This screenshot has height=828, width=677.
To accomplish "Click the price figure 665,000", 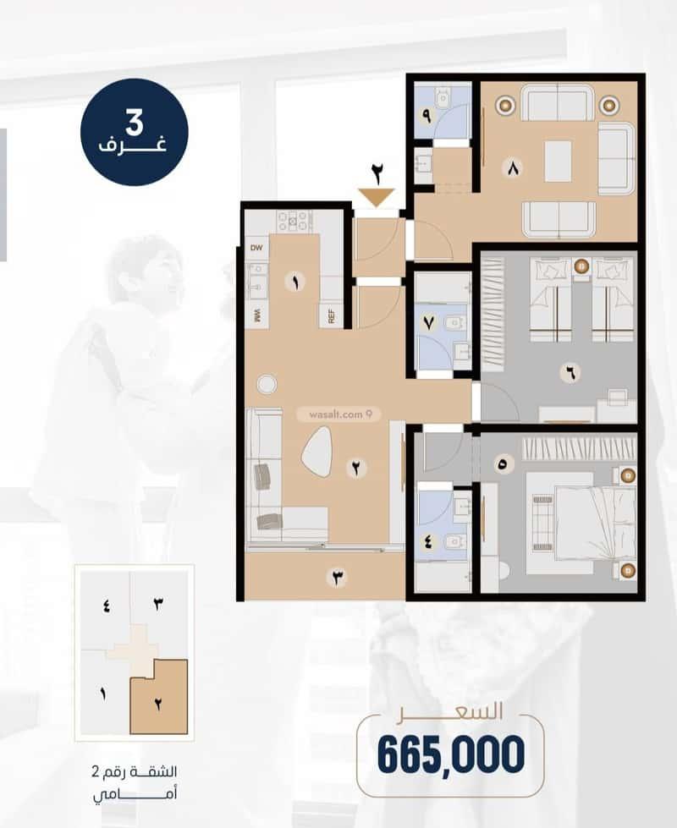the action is pos(451,755).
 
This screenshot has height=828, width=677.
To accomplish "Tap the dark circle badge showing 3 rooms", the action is pos(135,132).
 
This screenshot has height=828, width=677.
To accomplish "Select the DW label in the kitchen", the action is pos(256,248).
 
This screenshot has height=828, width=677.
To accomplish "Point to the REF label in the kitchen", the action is pos(332,316).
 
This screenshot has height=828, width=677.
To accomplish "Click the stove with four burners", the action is pos(294,222).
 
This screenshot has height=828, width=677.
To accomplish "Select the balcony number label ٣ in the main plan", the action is pos(338,578).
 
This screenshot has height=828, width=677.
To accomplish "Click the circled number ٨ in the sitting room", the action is pos(513,169).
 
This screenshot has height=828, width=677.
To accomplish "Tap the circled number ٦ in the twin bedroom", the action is pos(570,373).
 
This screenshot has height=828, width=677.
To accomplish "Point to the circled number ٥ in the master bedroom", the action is pos(502,464).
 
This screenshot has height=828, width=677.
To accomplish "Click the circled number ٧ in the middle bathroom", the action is pos(428,322).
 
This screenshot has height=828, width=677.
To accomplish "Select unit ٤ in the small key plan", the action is pos(106,606).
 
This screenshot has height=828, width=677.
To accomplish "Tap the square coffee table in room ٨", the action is pos(558,161).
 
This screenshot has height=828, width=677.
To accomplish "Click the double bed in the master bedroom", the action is pos(594,524).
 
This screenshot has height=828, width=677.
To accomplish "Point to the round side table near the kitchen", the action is pos(267,384).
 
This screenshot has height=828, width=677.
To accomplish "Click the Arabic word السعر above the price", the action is pos(450,711).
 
